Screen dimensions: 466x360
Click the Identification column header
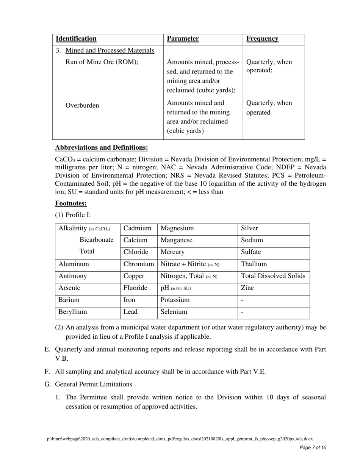(76, 39)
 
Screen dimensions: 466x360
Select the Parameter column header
(183, 39)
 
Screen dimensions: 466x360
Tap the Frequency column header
(262, 39)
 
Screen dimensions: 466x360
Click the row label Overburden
(82, 105)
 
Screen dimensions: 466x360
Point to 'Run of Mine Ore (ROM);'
(102, 62)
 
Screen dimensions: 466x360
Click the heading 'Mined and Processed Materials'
(110, 50)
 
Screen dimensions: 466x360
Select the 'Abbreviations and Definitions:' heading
(101, 147)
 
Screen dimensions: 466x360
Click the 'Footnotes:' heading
(71, 203)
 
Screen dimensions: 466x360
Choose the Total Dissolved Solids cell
(273, 276)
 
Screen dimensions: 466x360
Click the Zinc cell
(247, 288)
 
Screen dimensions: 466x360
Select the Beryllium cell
(72, 312)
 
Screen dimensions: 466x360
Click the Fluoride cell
(135, 288)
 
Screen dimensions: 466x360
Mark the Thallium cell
(254, 264)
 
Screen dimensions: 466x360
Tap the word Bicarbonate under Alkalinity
(96, 240)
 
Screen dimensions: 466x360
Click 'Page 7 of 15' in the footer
(313, 447)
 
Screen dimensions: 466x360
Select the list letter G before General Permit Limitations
(47, 384)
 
